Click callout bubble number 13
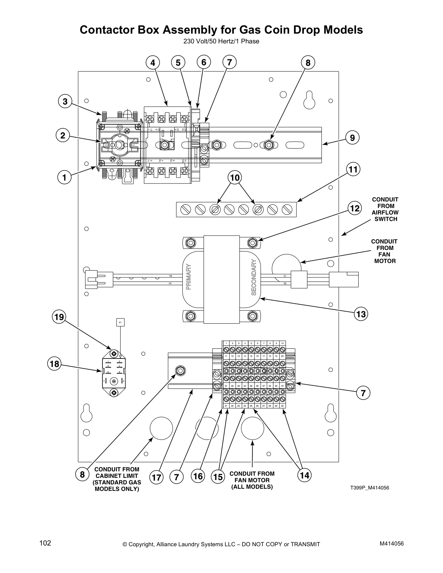[361, 314]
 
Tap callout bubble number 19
[59, 317]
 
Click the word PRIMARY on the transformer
[188, 277]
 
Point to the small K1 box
[120, 322]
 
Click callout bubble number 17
[156, 477]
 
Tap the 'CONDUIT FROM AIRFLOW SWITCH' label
[385, 209]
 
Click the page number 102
[45, 543]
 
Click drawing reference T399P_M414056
[369, 488]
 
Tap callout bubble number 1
[64, 178]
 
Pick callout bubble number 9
[352, 137]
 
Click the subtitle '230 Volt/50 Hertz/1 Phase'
[221, 41]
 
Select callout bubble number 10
[235, 178]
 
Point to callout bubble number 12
[355, 208]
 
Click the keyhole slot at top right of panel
[309, 100]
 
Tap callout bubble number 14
[305, 475]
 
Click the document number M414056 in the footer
[391, 544]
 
